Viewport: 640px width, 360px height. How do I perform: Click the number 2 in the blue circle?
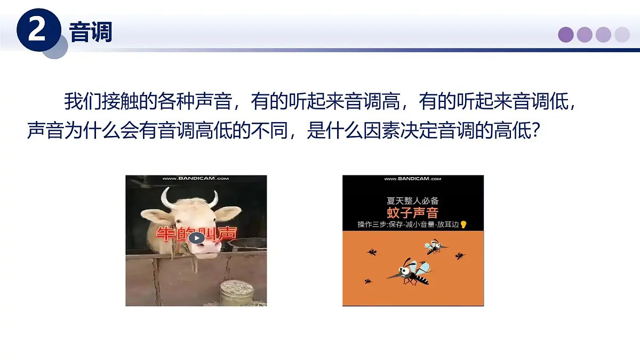click(37, 30)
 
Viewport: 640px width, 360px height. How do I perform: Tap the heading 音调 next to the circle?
click(91, 33)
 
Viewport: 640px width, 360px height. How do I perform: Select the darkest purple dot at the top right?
click(566, 35)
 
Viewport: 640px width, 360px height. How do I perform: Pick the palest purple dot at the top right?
click(622, 35)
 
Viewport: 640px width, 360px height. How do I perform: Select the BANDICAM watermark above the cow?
click(196, 179)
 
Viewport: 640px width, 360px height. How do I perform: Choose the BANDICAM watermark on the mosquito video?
click(413, 179)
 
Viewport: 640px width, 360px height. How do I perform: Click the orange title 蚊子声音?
click(413, 213)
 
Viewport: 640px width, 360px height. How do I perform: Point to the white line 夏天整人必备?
click(413, 202)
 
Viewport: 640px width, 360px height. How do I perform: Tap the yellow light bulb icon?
click(463, 225)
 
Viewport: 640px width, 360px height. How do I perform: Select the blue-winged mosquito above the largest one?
click(434, 246)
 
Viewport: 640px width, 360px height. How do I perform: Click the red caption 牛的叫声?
click(196, 235)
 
